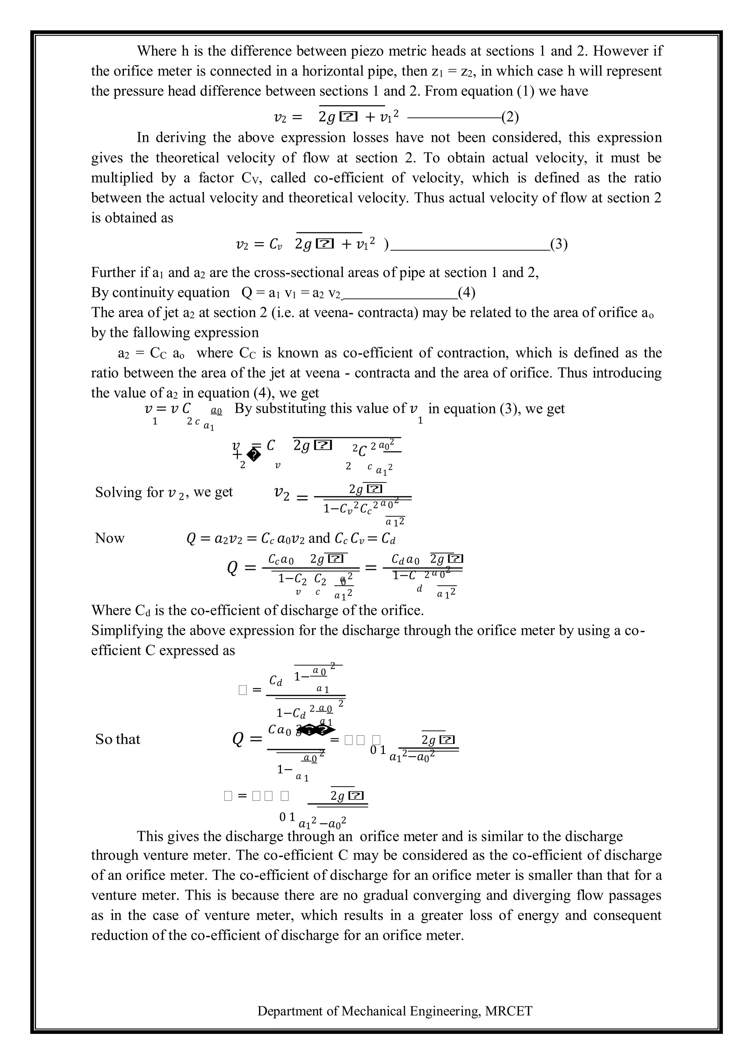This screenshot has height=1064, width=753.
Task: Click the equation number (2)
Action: [510, 117]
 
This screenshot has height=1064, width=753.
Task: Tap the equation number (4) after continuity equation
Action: [467, 292]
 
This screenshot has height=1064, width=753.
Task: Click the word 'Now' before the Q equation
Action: [110, 538]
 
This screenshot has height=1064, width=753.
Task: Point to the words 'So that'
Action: [118, 739]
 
